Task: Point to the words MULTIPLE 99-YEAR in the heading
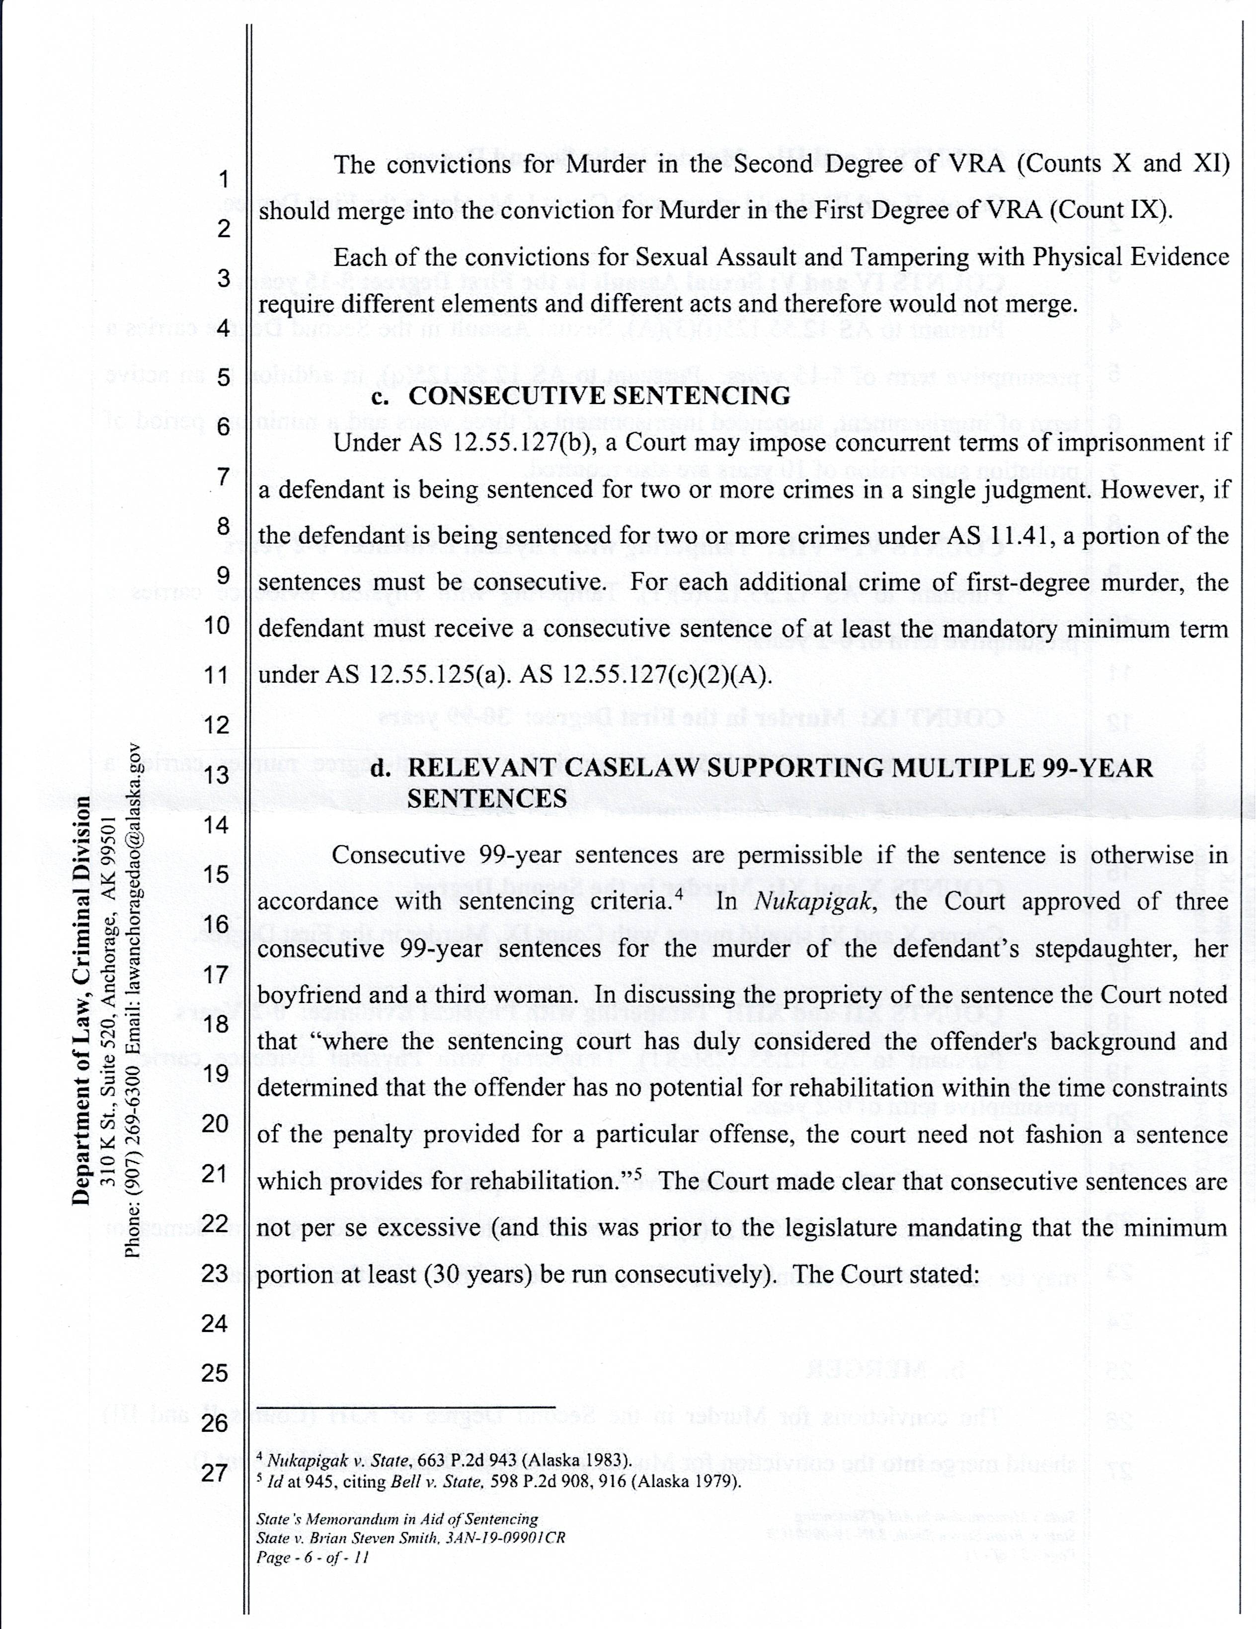[x=1004, y=768]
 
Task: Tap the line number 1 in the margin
[x=222, y=180]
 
